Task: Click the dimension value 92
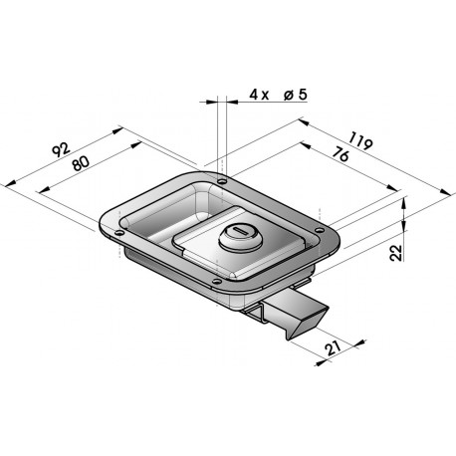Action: tap(62, 149)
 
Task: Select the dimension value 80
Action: tap(81, 163)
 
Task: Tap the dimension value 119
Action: tap(361, 141)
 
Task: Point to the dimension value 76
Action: tap(341, 154)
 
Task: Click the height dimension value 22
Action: tap(396, 253)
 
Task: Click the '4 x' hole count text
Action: tap(259, 96)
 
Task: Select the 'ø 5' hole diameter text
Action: tap(296, 95)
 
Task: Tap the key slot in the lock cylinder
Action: tap(240, 231)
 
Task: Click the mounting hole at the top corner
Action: tap(221, 181)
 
